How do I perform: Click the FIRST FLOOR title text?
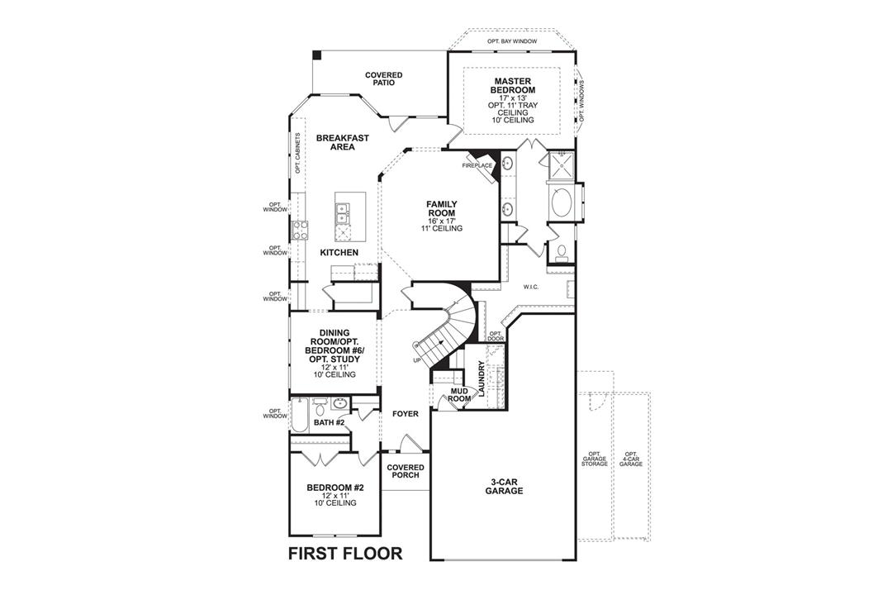pyautogui.click(x=345, y=554)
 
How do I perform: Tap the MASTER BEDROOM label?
pyautogui.click(x=512, y=85)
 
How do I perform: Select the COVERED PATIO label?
pyautogui.click(x=384, y=79)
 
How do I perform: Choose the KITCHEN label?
pyautogui.click(x=339, y=251)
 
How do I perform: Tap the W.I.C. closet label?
pyautogui.click(x=530, y=287)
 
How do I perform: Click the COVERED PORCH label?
pyautogui.click(x=405, y=471)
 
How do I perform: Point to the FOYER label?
pyautogui.click(x=405, y=413)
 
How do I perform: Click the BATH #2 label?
pyautogui.click(x=329, y=422)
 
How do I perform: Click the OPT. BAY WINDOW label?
pyautogui.click(x=512, y=40)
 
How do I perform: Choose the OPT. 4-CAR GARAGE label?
pyautogui.click(x=631, y=459)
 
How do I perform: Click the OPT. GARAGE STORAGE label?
pyautogui.click(x=595, y=459)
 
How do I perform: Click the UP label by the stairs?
pyautogui.click(x=417, y=360)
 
